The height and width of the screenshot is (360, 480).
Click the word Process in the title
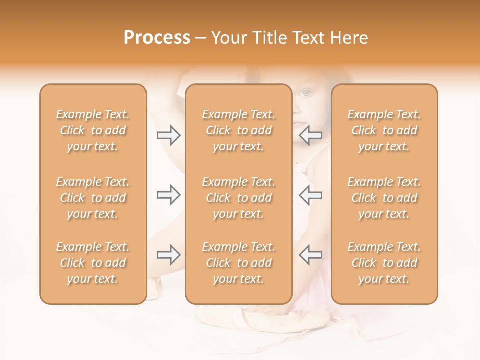[157, 38]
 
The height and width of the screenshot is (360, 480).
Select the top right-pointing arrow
[169, 135]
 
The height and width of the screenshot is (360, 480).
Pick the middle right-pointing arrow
[169, 195]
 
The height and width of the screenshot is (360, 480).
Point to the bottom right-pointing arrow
[169, 255]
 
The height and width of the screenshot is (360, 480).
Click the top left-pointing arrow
[310, 135]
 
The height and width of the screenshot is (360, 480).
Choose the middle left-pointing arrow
[310, 195]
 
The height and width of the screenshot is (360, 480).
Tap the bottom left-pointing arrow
[310, 255]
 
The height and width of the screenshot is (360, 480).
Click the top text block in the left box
[93, 130]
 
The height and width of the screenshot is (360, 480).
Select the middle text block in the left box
[93, 198]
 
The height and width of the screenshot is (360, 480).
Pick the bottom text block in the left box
[93, 263]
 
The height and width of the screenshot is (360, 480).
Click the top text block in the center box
[238, 130]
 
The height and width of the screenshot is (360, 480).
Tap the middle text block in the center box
[238, 198]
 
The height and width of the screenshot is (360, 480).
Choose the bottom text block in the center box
[238, 263]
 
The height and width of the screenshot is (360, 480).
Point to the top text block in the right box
[384, 130]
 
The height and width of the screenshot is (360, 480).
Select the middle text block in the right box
[384, 198]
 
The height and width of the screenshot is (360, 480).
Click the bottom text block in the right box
[384, 263]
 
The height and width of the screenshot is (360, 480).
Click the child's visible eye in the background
[306, 93]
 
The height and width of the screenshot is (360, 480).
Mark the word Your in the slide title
[230, 38]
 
